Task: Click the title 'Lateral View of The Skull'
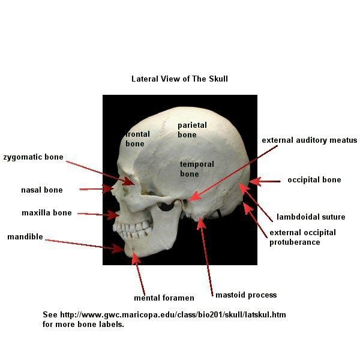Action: pos(179,79)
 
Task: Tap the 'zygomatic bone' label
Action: pos(33,157)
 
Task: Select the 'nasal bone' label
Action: pos(42,190)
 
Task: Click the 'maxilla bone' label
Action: pos(47,212)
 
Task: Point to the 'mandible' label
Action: pos(25,237)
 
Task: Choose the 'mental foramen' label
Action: pos(164,298)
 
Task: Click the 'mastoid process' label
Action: pos(246,295)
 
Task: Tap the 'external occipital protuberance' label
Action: pos(302,238)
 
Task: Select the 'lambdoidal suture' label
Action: pos(311,217)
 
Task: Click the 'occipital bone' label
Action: pos(314,180)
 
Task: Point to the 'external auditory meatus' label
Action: pos(310,140)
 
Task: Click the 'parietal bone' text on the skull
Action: pos(192,130)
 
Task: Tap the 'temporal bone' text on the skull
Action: pos(197,169)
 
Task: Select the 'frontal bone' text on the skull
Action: pos(138,139)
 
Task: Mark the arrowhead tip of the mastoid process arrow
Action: pos(200,218)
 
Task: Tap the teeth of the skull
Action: pos(133,230)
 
